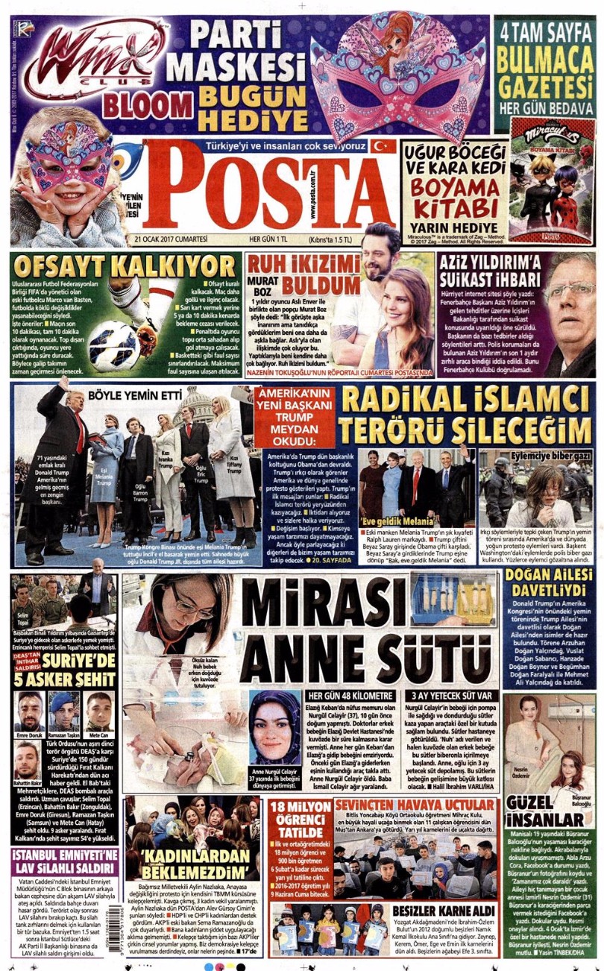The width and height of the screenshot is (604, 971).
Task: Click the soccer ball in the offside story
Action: (116, 345)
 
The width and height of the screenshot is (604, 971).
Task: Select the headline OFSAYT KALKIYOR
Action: (124, 266)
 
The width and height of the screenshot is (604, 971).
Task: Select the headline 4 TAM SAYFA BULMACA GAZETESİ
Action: (547, 65)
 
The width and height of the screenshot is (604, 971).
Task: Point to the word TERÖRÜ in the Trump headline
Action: (400, 430)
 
